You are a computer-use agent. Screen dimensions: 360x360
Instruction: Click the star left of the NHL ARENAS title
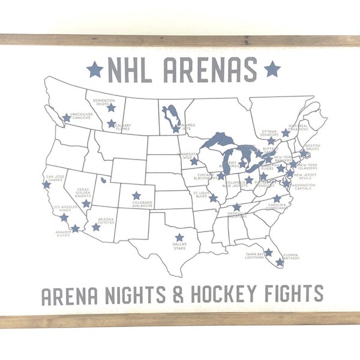tap(95, 69)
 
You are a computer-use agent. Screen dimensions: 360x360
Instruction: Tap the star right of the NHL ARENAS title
tap(272, 69)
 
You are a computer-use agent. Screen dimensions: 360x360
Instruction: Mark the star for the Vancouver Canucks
tap(67, 118)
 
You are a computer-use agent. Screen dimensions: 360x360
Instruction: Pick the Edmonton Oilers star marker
tap(111, 108)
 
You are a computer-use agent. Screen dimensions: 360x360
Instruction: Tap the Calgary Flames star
tap(111, 124)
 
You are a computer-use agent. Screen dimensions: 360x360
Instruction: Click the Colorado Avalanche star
tap(136, 196)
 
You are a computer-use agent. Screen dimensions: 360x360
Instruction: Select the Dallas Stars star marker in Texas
tap(179, 237)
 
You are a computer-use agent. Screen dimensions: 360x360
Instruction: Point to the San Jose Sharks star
tap(47, 185)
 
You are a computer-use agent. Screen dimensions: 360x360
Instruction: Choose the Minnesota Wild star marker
tap(194, 161)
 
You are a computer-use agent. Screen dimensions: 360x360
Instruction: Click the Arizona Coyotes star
tap(96, 227)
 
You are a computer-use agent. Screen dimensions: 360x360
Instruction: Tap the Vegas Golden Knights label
tap(83, 193)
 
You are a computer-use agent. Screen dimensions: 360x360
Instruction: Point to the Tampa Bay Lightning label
tap(255, 257)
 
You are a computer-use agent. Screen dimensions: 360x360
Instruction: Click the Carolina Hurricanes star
tap(277, 198)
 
